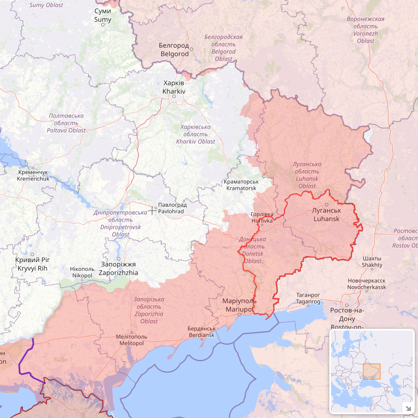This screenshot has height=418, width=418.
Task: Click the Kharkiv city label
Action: (x=174, y=87)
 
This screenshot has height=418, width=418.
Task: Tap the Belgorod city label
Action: (x=174, y=50)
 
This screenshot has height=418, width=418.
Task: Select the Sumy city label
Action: (x=102, y=15)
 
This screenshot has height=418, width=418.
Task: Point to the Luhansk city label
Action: (x=327, y=214)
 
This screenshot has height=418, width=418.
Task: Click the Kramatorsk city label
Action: (x=241, y=185)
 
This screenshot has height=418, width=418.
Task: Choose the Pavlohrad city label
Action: (x=172, y=208)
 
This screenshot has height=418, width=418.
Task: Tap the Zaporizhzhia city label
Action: (x=119, y=268)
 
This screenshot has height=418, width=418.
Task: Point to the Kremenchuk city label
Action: (x=33, y=176)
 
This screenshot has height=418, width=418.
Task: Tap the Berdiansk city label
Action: (x=202, y=332)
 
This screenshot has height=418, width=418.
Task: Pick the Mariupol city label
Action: (x=239, y=305)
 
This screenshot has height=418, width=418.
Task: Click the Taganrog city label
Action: (x=308, y=298)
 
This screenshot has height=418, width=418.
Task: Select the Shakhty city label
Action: (x=372, y=262)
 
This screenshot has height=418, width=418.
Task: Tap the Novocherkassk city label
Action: (x=367, y=284)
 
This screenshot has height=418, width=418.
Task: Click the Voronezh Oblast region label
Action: (x=365, y=30)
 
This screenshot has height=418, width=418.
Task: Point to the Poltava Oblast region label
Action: (x=66, y=123)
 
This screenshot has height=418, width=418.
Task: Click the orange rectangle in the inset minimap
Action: (x=371, y=372)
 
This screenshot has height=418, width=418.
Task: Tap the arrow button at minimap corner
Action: (x=408, y=408)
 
